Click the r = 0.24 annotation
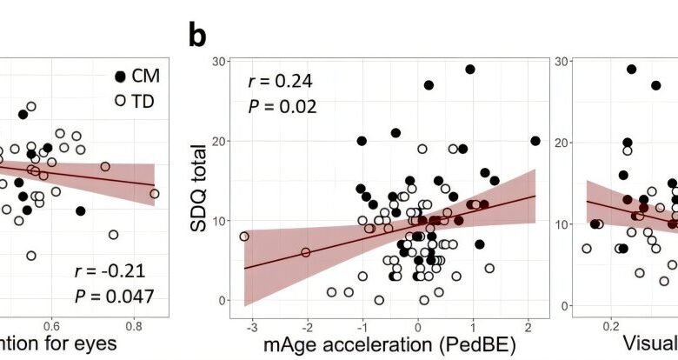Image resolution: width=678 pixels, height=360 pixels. pos(277,83)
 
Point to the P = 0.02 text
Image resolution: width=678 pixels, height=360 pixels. pos(277,108)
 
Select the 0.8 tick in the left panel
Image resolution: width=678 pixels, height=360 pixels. pos(134,325)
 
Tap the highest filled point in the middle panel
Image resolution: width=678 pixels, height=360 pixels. pos(470,70)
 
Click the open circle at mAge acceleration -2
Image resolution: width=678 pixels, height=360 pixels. pos(306,252)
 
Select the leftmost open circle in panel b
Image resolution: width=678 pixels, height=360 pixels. pos(244,236)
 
